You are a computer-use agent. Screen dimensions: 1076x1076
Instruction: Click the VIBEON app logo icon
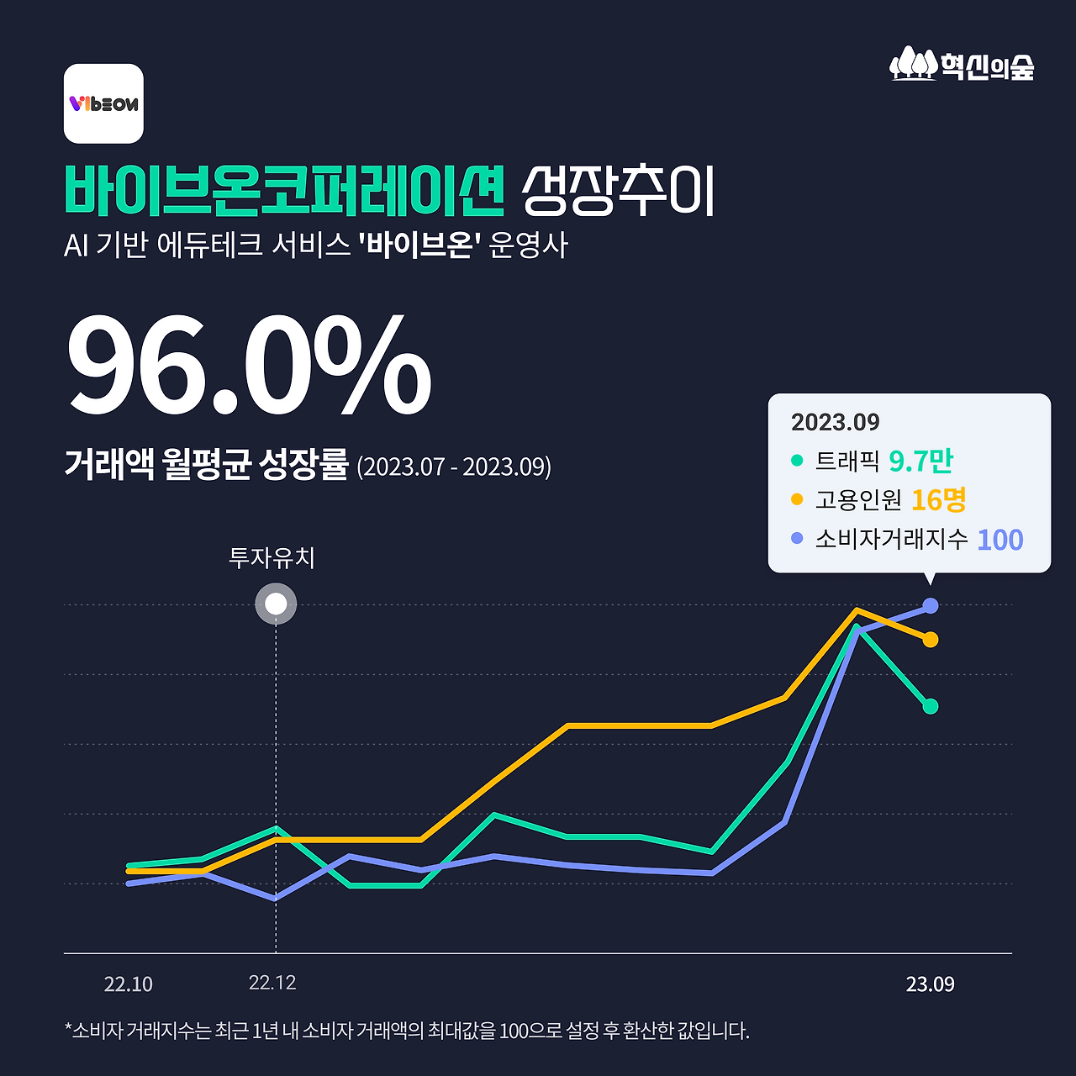tap(103, 103)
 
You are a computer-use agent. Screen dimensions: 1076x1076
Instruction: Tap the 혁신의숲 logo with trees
tap(962, 65)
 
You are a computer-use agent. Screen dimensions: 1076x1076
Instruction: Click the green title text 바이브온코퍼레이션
tap(284, 190)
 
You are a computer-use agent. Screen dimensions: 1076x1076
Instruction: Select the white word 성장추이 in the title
tap(618, 191)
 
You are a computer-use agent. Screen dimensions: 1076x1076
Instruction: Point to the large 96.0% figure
tap(249, 365)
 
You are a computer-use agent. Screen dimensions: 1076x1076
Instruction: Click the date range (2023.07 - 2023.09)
tap(454, 467)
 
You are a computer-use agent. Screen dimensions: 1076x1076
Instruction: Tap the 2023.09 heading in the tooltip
tap(835, 422)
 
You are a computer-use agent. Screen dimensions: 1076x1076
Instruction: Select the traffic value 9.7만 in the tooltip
tap(920, 461)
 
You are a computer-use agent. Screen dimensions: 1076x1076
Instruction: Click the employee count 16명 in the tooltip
tap(938, 500)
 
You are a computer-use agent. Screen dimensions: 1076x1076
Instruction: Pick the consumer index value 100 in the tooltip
tap(1000, 540)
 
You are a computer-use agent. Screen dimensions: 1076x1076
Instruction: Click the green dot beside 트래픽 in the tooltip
tap(797, 461)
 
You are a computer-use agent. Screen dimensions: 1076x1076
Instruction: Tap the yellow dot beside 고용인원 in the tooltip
tap(797, 500)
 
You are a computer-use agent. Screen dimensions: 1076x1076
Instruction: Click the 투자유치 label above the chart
tap(272, 558)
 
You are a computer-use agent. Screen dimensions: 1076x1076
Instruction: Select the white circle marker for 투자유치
tap(276, 604)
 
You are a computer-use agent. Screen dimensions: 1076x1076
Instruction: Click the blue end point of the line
tap(930, 605)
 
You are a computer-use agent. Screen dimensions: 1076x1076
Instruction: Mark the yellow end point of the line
tap(930, 641)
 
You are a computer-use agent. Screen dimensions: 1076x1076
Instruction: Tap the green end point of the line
tap(930, 707)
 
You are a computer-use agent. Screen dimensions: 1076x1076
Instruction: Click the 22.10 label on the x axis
tap(129, 984)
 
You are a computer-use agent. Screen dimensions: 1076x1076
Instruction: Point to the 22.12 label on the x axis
tap(272, 983)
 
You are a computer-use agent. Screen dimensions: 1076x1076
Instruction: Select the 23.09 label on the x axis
tap(930, 984)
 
